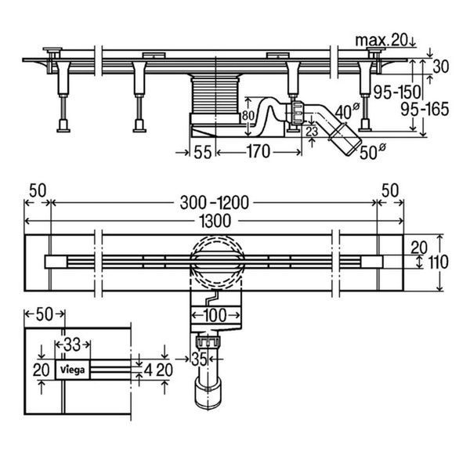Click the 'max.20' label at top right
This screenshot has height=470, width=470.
pos(381,40)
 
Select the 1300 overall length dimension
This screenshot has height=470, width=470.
pos(215,221)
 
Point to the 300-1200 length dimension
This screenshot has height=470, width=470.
pos(215,203)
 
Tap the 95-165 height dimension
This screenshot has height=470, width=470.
pos(425,109)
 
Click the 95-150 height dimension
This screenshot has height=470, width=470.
pos(397,92)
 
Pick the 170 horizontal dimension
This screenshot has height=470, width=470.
pos(258,152)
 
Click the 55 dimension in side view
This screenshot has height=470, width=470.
pos(203,152)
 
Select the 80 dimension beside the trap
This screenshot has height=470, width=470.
pos(248,115)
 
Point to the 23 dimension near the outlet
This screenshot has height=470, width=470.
pos(312,131)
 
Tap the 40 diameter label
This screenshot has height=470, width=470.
pos(347,111)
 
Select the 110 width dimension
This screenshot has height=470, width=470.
pos(438,262)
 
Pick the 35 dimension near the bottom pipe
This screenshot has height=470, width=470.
pos(199,359)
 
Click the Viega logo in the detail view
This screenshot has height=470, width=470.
pos(73,370)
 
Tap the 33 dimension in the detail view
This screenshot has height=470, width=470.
pos(72,345)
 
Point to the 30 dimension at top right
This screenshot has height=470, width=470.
pos(440,67)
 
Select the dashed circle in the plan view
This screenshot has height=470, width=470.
pos(217,262)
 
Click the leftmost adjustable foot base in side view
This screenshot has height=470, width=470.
pos(63,126)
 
